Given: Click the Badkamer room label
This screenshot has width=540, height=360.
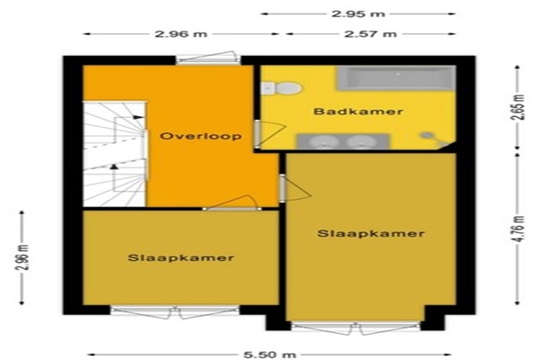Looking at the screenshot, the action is (358, 112).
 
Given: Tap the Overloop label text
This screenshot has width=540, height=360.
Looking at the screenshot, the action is (201, 136).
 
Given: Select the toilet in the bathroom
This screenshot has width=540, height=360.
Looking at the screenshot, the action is (282, 88).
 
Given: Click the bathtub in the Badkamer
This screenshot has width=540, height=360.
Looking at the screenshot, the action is (396, 78).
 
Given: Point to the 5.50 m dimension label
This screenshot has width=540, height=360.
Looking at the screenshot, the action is (270, 354).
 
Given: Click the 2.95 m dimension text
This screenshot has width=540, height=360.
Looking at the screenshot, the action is (358, 14).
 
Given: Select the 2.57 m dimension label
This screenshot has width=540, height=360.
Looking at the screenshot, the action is (371, 34).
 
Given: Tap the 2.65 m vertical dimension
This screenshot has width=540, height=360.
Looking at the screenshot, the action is (517, 107).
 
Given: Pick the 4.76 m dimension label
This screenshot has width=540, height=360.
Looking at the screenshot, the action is (517, 229).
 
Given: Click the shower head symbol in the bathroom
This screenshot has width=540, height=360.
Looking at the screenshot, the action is (435, 138).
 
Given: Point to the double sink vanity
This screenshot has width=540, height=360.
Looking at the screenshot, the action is (343, 141).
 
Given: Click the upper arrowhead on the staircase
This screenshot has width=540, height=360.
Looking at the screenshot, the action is (138, 117).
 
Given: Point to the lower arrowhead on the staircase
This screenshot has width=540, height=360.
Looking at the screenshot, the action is (113, 166).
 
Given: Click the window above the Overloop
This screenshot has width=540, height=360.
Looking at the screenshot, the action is (208, 58).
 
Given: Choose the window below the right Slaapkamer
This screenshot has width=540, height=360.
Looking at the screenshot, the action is (355, 328).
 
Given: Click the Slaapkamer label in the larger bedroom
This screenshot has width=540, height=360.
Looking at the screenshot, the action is (371, 234).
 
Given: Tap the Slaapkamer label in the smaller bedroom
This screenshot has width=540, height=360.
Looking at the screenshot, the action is (181, 257).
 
